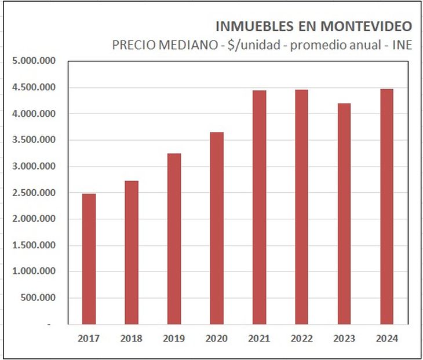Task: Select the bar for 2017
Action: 89,259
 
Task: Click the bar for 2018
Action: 132,252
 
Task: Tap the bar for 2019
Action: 174,238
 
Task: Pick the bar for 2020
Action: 217,228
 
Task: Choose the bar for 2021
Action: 259,207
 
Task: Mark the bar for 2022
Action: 302,207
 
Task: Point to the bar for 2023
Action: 344,214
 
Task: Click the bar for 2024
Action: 387,207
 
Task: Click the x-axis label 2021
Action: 259,339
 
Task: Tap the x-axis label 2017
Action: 89,339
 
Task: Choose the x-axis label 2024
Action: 387,339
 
